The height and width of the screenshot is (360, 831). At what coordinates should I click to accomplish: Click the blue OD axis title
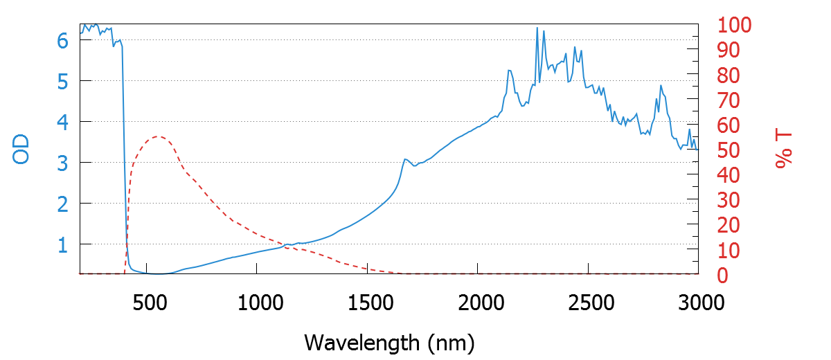(x=22, y=150)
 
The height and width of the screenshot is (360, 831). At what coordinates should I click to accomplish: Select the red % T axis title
(x=784, y=150)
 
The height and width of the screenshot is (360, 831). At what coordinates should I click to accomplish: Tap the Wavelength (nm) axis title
(x=389, y=342)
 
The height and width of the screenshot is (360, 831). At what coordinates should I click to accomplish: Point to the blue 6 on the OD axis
(x=62, y=40)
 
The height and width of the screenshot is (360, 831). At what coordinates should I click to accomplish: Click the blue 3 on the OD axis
(x=62, y=163)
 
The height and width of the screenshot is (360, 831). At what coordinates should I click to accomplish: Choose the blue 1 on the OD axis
(x=62, y=244)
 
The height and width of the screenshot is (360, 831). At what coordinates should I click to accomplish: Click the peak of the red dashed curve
(x=158, y=136)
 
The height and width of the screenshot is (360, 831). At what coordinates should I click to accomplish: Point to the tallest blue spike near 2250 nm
(x=537, y=28)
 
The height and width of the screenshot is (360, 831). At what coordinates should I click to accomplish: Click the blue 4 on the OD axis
(x=62, y=122)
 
